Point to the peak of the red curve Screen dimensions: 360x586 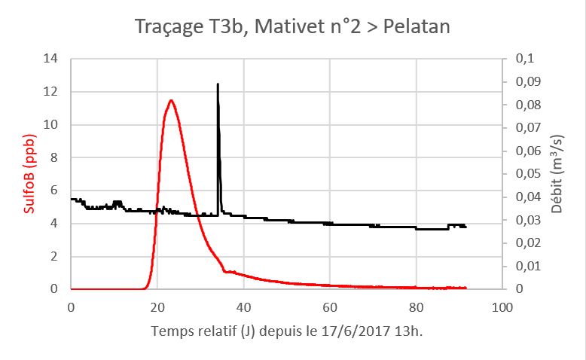(171, 100)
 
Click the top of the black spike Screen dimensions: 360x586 (218, 84)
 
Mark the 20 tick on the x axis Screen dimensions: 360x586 (157, 307)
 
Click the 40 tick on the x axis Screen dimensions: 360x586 (243, 307)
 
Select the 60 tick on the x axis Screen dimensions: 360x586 (329, 307)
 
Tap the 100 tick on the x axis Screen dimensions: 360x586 (502, 307)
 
